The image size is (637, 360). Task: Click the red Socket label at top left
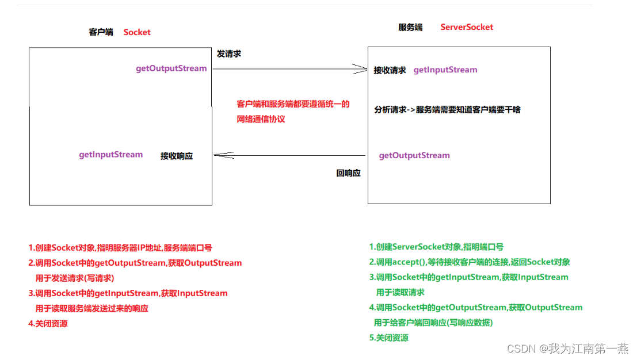(137, 32)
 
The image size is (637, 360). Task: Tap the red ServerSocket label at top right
(467, 27)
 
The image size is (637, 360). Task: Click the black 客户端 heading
(101, 32)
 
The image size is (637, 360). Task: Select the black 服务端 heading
(410, 27)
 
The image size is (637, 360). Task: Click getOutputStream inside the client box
(171, 68)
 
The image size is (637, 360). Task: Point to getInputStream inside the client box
(110, 154)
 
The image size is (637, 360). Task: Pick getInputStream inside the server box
(445, 70)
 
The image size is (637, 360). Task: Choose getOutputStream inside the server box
(414, 155)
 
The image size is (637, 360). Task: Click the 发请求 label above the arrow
(228, 53)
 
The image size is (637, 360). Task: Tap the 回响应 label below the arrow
(348, 173)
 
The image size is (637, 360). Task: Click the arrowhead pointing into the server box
(362, 70)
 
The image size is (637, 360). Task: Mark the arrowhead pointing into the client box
(219, 155)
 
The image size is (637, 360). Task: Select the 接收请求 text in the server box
(390, 70)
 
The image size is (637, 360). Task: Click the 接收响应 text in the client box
(177, 156)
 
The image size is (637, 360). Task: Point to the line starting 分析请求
(447, 109)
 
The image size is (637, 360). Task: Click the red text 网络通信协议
(261, 119)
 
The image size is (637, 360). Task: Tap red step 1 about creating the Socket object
(120, 248)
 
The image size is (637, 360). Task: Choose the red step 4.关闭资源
(48, 323)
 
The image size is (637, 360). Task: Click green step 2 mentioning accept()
(470, 262)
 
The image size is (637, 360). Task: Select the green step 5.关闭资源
(389, 338)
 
